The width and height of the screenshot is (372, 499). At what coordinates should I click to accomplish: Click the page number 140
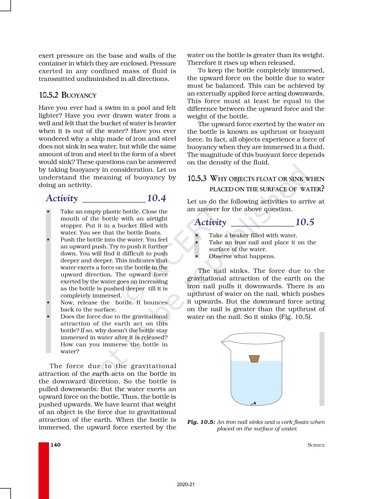[x=55, y=445]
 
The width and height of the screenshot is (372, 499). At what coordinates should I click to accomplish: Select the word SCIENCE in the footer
[x=316, y=445]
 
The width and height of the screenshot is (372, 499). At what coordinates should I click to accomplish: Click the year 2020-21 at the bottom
[x=186, y=484]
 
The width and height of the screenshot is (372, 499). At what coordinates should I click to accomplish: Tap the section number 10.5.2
[x=48, y=95]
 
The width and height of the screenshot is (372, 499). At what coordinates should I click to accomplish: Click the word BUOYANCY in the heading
[x=79, y=95]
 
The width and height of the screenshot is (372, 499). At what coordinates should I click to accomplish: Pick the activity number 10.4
[x=156, y=198]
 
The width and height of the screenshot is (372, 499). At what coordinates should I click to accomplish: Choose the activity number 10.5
[x=305, y=222]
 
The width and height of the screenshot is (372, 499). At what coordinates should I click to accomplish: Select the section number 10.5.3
[x=197, y=179]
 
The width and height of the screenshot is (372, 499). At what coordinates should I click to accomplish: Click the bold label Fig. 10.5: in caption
[x=201, y=422]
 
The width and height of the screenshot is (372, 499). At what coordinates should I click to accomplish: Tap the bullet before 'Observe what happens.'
[x=197, y=256]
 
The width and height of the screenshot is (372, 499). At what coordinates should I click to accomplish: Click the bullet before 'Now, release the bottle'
[x=48, y=302]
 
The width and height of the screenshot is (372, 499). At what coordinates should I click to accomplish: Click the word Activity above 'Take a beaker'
[x=210, y=222]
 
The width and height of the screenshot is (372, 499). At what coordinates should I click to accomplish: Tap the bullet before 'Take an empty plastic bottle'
[x=48, y=211]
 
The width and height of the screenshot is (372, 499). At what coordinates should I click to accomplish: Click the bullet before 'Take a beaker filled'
[x=197, y=235]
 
